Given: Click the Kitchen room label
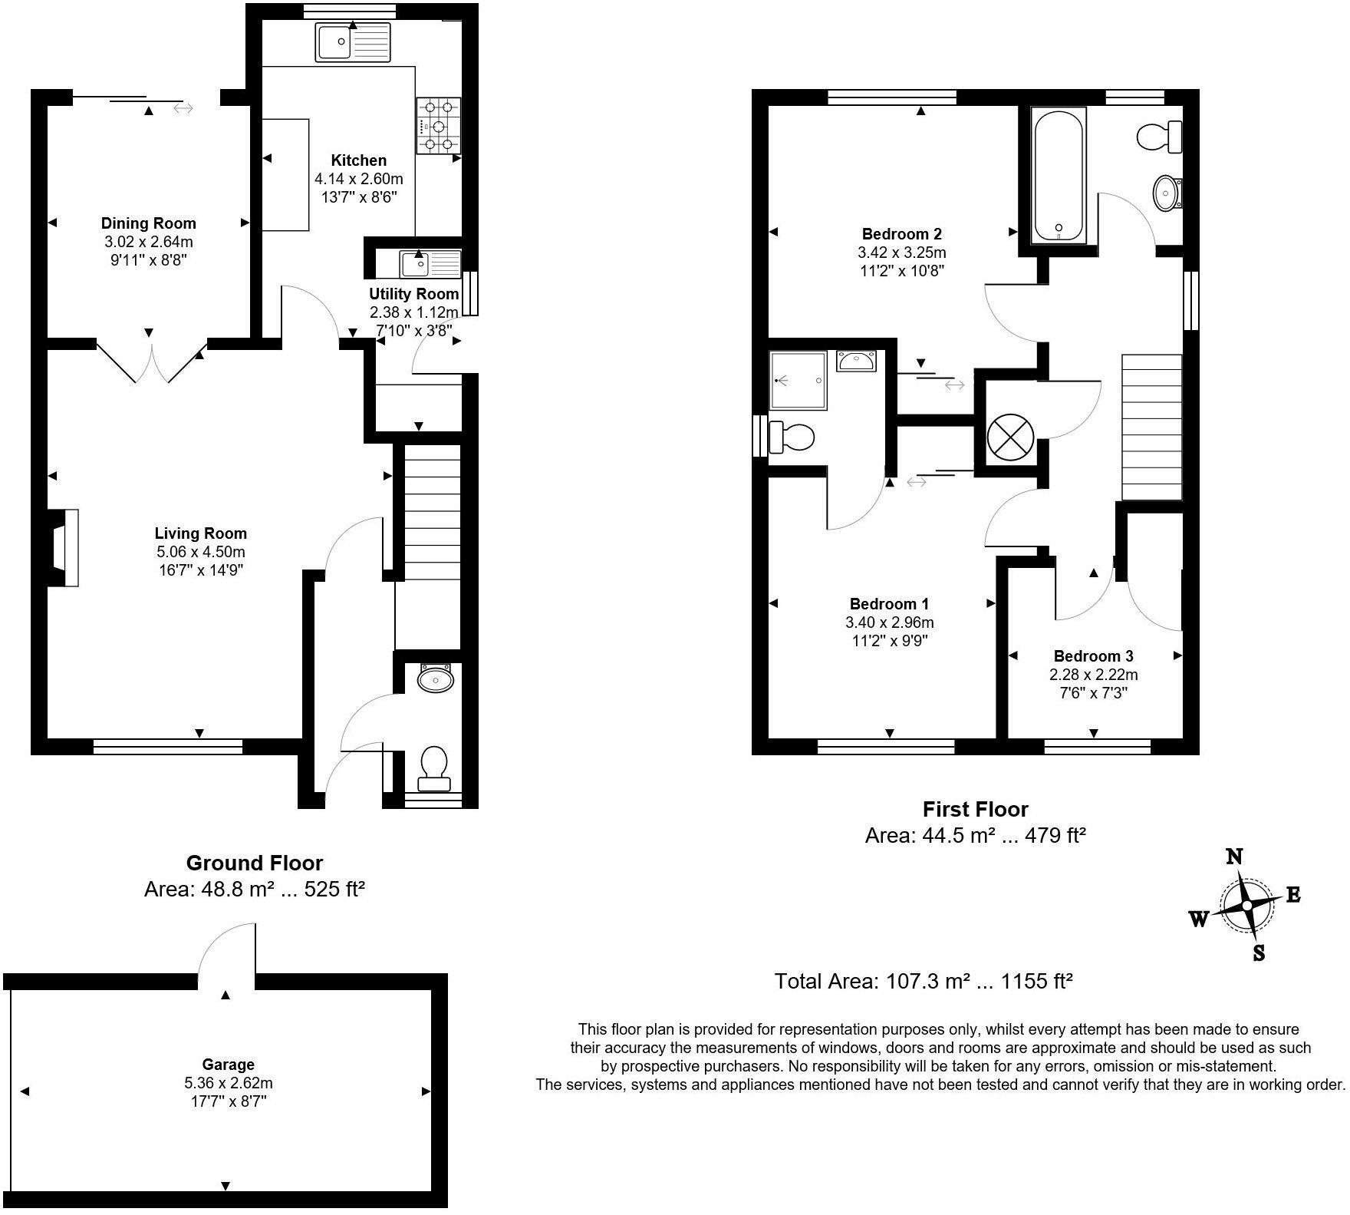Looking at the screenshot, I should coord(358,160).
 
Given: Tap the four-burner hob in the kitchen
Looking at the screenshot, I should coord(439,126).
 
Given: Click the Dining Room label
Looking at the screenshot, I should coord(149,223).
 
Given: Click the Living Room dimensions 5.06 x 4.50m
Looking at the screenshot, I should coord(200,552).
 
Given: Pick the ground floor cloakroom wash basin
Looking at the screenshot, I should coord(436,679).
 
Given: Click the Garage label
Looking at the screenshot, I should coord(228,1065).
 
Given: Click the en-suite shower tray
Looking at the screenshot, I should coord(798,380).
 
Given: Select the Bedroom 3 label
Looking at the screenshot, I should coord(1093,656).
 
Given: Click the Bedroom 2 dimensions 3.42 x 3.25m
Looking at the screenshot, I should coord(901,253).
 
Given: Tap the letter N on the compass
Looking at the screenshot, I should coord(1234,857).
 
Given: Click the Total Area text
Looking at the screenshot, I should coord(923,981).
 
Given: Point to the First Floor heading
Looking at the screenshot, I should coord(975,809).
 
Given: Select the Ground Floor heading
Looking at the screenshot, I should coord(255,863).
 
